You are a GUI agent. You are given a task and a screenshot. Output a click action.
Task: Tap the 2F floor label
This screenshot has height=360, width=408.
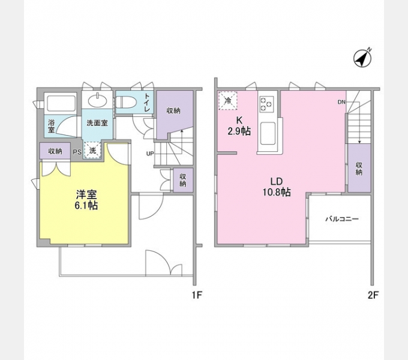click(374, 295)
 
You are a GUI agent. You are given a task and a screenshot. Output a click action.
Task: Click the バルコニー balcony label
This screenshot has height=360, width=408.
click(342, 219)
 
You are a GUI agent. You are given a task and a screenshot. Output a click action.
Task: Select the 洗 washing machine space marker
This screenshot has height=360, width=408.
click(93, 151)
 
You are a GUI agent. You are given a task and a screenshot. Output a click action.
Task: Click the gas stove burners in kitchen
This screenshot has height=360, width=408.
click(267, 104)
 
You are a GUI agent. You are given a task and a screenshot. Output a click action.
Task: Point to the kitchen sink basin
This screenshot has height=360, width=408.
click(267, 133)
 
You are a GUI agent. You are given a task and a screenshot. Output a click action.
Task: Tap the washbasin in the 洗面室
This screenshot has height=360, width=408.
click(98, 100)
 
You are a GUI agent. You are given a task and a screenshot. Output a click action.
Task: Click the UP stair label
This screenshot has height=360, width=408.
click(150, 153)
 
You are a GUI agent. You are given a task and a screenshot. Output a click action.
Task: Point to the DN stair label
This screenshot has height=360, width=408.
click(341, 102)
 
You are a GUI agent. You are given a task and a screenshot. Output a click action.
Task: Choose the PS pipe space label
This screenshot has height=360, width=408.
click(77, 152)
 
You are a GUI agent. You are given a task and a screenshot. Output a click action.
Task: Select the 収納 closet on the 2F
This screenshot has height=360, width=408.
click(359, 168)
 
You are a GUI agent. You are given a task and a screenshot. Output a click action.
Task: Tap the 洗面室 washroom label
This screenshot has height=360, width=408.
click(97, 123)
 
